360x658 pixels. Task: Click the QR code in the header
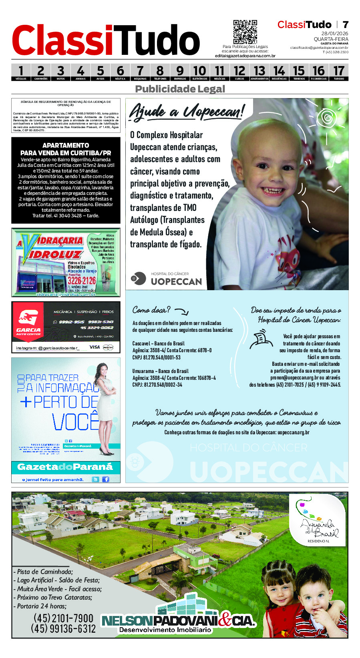point(245,32)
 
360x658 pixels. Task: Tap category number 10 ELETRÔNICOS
point(199,72)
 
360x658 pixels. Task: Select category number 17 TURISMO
point(338,72)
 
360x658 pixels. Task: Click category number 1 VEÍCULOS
point(21,72)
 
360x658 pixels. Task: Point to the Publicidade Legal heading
point(180,89)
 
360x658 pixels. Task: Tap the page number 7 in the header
point(345,25)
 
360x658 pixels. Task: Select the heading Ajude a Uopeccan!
point(186,111)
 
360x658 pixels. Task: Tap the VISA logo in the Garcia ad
point(95,347)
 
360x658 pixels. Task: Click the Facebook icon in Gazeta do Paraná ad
point(106,479)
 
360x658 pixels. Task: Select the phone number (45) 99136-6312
point(63,629)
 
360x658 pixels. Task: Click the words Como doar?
point(151,310)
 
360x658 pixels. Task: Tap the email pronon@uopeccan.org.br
point(294,377)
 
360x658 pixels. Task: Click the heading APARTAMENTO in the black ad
point(66,145)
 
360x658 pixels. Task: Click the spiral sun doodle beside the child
point(328,118)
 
